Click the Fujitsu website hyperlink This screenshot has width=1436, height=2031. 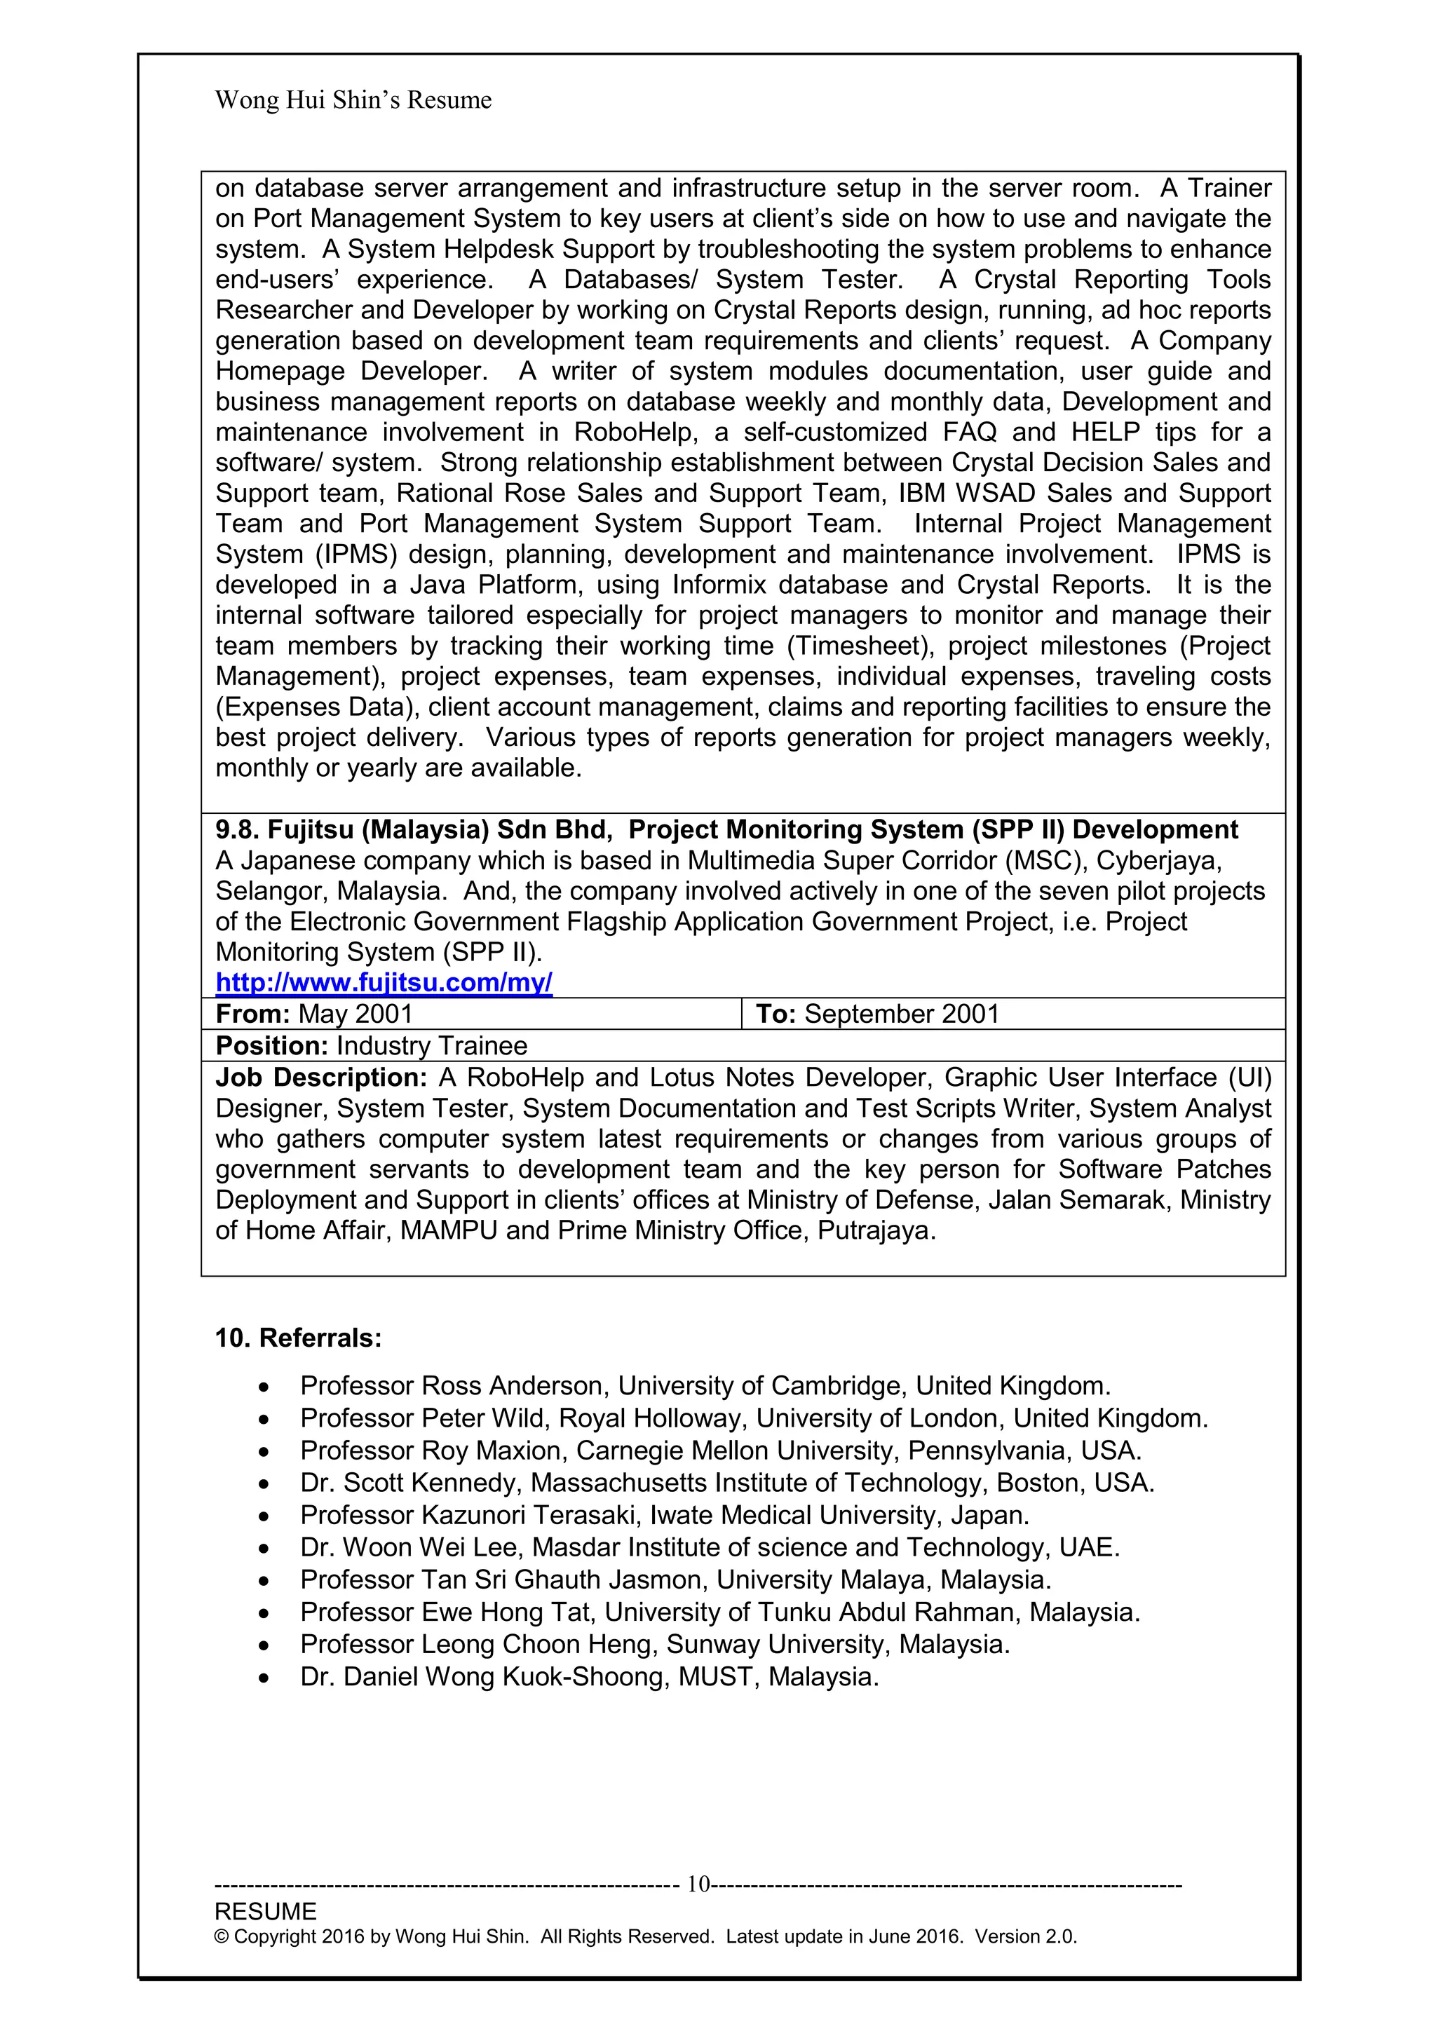click(x=384, y=983)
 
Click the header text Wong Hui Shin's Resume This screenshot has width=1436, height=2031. click(x=353, y=100)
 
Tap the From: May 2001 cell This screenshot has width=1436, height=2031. click(x=314, y=1014)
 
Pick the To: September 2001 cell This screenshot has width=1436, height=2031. click(x=877, y=1014)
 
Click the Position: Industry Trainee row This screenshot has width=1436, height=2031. click(x=372, y=1045)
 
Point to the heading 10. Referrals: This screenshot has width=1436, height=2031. click(x=298, y=1338)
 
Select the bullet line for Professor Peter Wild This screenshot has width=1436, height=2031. click(x=753, y=1418)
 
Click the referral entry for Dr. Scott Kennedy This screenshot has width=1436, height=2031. click(x=726, y=1483)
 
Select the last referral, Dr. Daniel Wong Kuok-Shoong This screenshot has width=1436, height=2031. click(x=589, y=1676)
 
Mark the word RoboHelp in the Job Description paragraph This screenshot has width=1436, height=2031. click(x=521, y=1078)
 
